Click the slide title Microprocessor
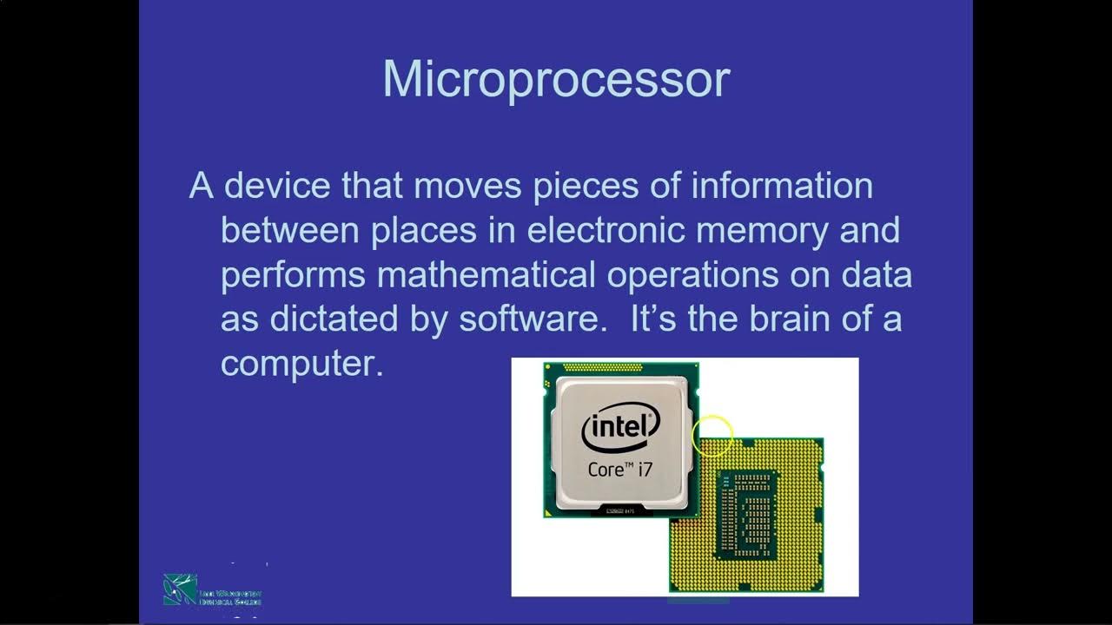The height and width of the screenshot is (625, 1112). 556,80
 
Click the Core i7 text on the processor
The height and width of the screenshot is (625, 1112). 619,470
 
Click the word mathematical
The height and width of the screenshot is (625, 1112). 486,274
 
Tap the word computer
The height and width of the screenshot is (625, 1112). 301,364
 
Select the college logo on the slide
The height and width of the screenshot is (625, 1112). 212,589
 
